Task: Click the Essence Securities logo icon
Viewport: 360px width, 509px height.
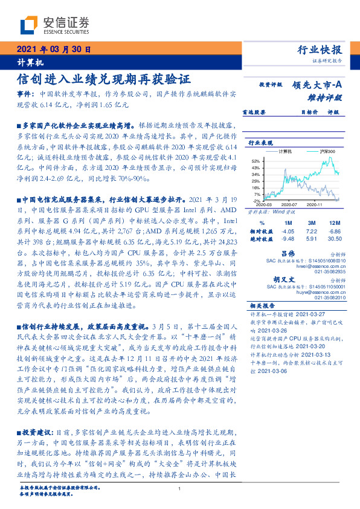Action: pyautogui.click(x=30, y=25)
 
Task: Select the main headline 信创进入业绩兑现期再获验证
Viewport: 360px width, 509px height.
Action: pyautogui.click(x=103, y=80)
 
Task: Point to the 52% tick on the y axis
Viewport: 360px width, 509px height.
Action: pyautogui.click(x=256, y=161)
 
